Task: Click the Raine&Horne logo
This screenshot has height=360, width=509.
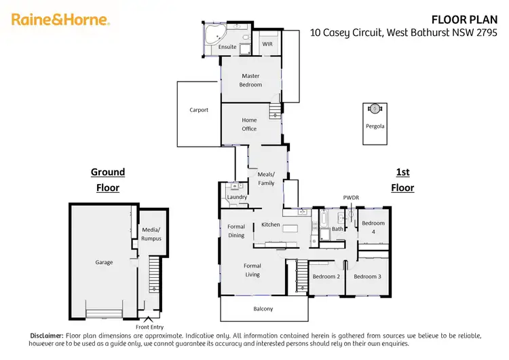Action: click(x=60, y=20)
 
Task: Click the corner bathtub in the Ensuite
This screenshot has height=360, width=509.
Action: click(x=212, y=33)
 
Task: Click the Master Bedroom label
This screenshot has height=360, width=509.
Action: click(x=250, y=80)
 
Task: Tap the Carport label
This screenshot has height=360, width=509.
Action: click(x=199, y=110)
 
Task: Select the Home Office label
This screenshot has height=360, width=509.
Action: click(x=249, y=124)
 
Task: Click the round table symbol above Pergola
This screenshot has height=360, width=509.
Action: click(x=375, y=108)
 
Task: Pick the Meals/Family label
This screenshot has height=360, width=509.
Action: click(x=266, y=179)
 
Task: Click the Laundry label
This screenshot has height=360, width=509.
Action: click(x=237, y=197)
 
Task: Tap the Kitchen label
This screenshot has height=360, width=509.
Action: click(x=271, y=224)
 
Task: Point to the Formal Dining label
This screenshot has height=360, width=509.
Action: click(x=236, y=231)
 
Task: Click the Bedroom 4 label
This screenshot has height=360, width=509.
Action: click(x=373, y=228)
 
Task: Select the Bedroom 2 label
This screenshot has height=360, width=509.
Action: click(x=326, y=276)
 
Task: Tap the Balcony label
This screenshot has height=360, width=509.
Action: click(x=263, y=309)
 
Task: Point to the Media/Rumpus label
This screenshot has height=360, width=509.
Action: click(x=151, y=234)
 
